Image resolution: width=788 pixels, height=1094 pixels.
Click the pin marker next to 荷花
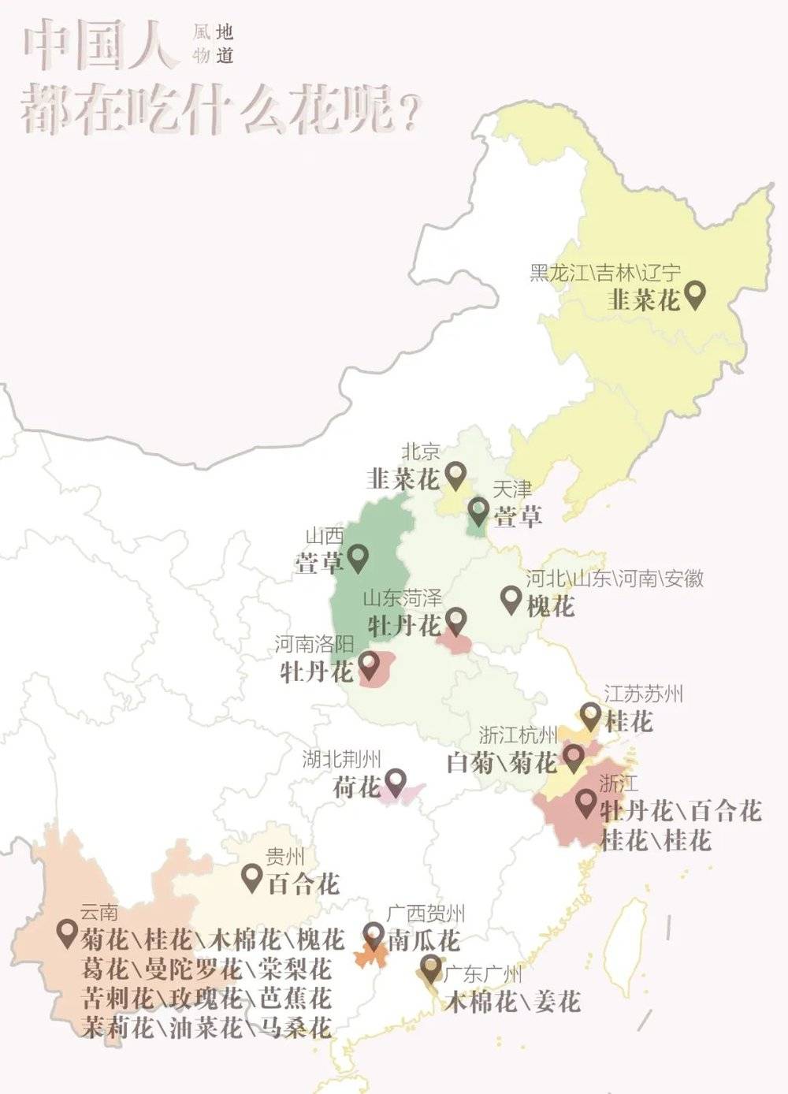pos(394,781)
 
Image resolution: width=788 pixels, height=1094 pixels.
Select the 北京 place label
pos(421,452)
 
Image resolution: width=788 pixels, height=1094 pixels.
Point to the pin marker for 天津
pos(478,511)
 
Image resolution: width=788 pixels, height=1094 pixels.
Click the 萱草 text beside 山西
pos(319,563)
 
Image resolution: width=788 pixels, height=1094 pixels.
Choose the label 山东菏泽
pos(402,598)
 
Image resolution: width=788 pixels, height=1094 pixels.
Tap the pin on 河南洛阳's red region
pos(369,665)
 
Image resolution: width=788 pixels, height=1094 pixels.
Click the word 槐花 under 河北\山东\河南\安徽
pos(550,605)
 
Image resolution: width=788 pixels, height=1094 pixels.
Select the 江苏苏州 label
pos(643,694)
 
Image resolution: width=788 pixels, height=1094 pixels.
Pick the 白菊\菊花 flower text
pos(501,762)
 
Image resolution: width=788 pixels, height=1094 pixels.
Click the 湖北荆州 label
pos(341,759)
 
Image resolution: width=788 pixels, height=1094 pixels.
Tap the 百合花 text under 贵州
pos(304,884)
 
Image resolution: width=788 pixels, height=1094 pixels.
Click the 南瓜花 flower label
pos(424,940)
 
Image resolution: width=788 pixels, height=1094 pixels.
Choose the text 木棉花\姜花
pos(512,1001)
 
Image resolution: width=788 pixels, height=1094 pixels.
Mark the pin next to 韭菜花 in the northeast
pos(694,295)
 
